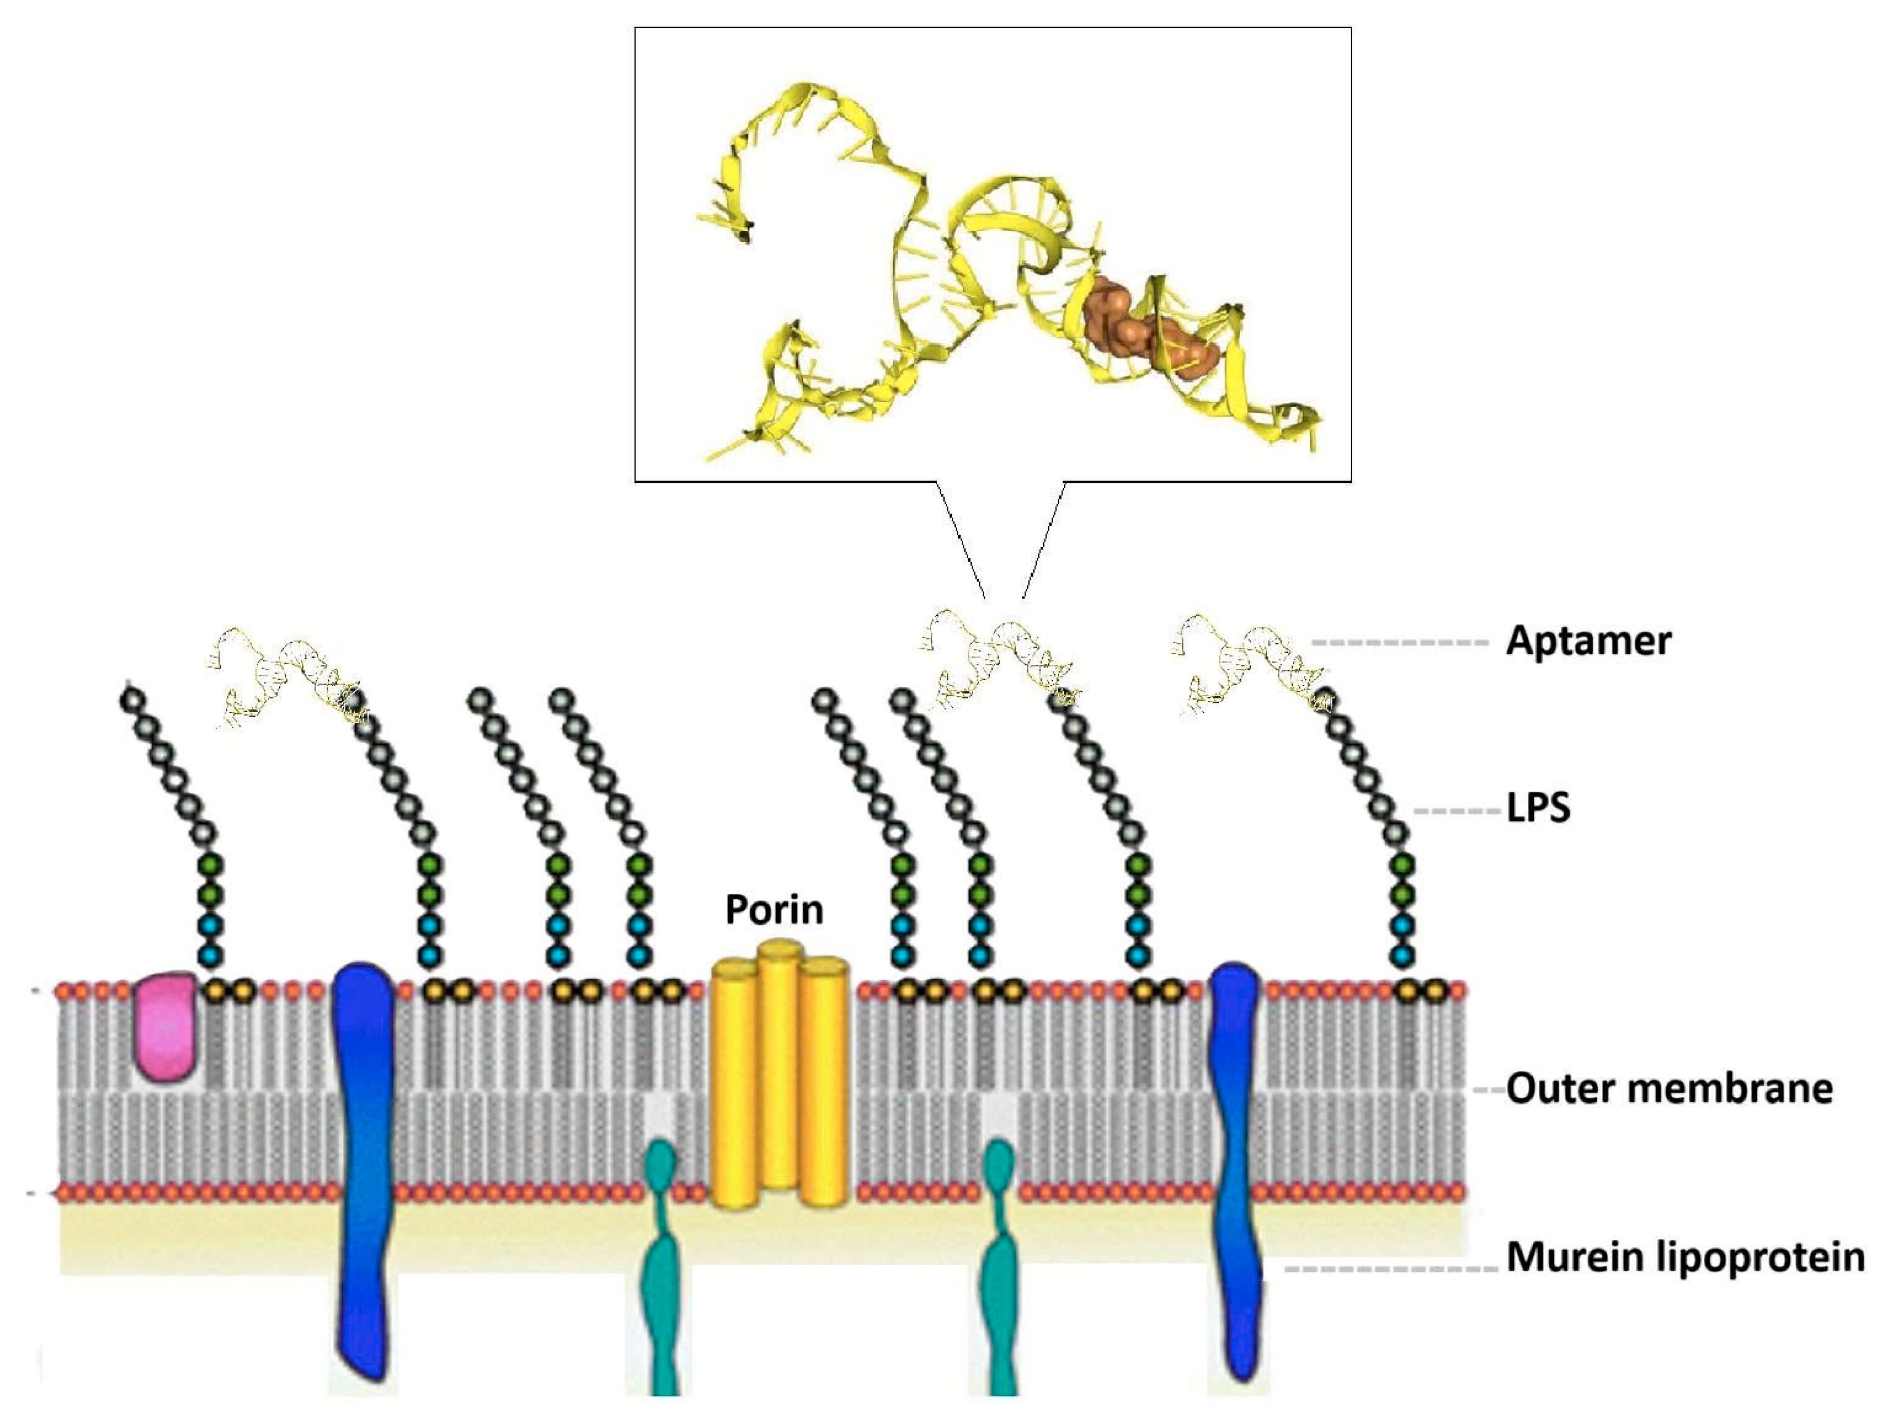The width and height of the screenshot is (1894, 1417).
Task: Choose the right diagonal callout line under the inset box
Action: pos(1044,539)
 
